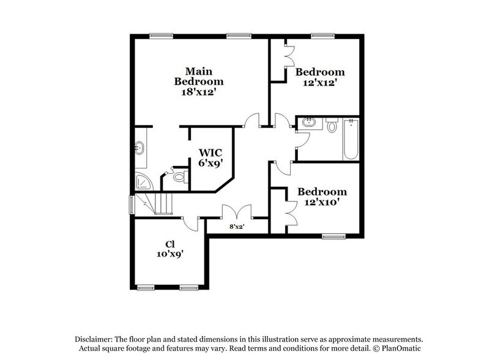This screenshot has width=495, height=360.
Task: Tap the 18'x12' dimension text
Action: pyautogui.click(x=198, y=91)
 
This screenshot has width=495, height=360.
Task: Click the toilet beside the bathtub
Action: pyautogui.click(x=332, y=127)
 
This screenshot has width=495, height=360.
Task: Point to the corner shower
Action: pyautogui.click(x=143, y=182)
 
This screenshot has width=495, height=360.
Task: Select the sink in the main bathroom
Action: pyautogui.click(x=140, y=148)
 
